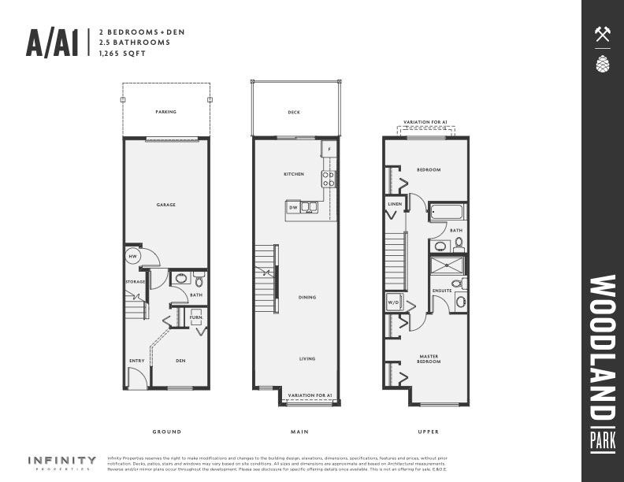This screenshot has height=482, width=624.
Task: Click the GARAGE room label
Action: coord(165,205)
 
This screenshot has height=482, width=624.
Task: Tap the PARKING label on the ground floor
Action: coord(165,112)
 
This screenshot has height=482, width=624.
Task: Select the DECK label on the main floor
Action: coord(294,113)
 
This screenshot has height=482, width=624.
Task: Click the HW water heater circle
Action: coord(133,257)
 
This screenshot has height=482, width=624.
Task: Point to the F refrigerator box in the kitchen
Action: coord(329,148)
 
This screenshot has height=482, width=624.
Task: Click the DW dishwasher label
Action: coord(293,207)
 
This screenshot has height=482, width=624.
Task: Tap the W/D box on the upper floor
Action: coord(393,302)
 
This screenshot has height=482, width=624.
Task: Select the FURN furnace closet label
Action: coord(195,317)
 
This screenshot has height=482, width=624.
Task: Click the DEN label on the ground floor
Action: coord(180,361)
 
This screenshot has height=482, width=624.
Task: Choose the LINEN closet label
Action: coord(395,203)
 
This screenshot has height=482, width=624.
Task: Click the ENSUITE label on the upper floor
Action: coord(442,291)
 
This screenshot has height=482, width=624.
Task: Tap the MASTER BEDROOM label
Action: coord(429,359)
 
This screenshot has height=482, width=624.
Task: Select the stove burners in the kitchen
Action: coord(329,179)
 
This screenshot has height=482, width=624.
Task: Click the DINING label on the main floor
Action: coord(307,297)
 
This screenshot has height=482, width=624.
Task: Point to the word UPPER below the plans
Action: coord(429,432)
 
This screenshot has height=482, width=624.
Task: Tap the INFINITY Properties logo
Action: coord(62,462)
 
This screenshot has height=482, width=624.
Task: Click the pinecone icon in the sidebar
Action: coord(603,63)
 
